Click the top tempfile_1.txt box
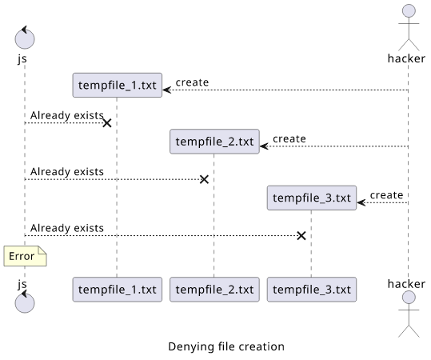117,85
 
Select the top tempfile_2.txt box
214,142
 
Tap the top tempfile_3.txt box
312,198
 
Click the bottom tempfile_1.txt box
117,290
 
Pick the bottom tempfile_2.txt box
214,290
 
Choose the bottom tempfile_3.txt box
312,290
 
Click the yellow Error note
25,256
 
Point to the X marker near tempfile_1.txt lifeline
107,123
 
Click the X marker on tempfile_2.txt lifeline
204,179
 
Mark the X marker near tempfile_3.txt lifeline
301,236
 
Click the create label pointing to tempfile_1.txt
192,82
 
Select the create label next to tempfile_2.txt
289,138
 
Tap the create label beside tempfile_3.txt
386,195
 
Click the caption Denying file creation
226,346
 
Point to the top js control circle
25,38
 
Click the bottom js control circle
25,302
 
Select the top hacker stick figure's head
409,11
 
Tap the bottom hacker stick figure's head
409,298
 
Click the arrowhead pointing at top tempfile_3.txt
361,202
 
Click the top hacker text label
406,58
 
